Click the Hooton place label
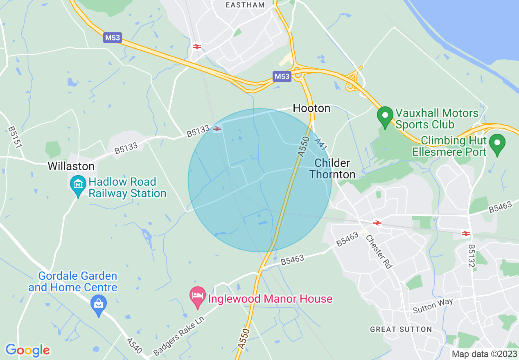(x=311, y=108)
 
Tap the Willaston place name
(x=71, y=166)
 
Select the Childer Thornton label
(x=332, y=169)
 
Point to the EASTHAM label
(x=245, y=5)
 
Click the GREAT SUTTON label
(x=401, y=329)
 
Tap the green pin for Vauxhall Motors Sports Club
(x=385, y=117)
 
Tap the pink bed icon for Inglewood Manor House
(x=198, y=298)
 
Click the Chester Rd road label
(x=379, y=251)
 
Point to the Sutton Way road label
(x=433, y=306)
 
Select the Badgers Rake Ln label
(x=178, y=335)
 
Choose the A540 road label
(x=134, y=346)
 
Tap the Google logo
(x=27, y=350)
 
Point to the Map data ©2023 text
(x=484, y=354)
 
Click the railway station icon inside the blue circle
(x=217, y=129)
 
